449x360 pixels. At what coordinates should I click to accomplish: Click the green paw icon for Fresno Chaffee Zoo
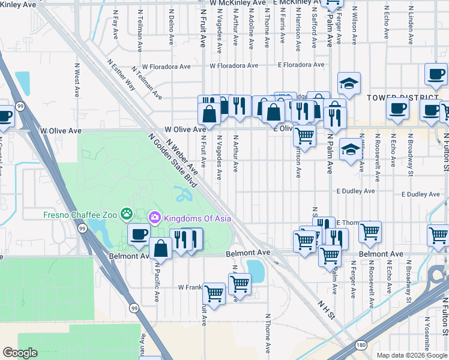tap(126, 214)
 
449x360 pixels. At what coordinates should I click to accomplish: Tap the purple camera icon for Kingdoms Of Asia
tap(155, 216)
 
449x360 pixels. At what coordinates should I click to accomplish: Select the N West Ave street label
tap(77, 80)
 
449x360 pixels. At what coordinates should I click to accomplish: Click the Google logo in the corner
tap(20, 353)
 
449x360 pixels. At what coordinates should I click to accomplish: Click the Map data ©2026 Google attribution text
tap(411, 355)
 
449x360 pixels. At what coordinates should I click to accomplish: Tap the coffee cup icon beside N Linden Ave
tap(436, 75)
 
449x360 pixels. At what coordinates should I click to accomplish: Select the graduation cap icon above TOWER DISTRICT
tap(349, 84)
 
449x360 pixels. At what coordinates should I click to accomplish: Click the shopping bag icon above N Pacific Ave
tap(161, 247)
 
